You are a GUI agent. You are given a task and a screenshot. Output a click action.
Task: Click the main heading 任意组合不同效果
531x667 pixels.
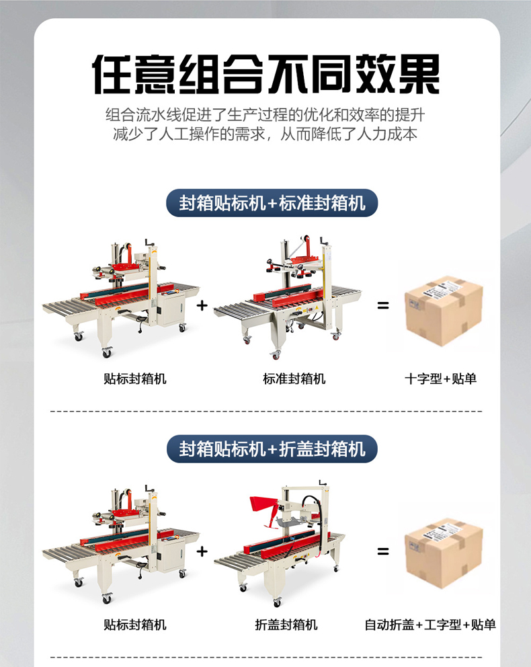pyautogui.click(x=265, y=74)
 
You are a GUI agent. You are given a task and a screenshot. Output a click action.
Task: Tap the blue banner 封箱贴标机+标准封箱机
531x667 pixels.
pyautogui.click(x=272, y=203)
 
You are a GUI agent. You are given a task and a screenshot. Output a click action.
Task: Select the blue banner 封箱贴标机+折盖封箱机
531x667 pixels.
pyautogui.click(x=272, y=448)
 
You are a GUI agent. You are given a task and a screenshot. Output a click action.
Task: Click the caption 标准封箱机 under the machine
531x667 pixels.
pyautogui.click(x=294, y=379)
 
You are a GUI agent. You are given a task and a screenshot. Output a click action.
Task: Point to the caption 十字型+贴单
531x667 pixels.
pyautogui.click(x=440, y=379)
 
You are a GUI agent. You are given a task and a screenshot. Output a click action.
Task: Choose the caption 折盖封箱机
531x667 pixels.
pyautogui.click(x=286, y=625)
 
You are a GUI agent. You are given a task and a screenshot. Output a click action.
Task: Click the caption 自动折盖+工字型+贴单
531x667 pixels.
pyautogui.click(x=430, y=625)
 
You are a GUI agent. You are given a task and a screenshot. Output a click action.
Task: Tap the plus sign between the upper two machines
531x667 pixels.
pyautogui.click(x=202, y=305)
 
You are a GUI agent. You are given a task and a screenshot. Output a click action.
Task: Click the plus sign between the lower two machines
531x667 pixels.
pyautogui.click(x=202, y=551)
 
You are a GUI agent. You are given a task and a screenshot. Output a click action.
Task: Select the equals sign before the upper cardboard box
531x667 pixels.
pyautogui.click(x=383, y=305)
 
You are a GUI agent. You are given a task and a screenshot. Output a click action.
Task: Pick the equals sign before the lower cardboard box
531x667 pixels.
pyautogui.click(x=383, y=551)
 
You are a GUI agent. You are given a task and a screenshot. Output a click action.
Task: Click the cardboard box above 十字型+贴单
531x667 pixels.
pyautogui.click(x=444, y=311)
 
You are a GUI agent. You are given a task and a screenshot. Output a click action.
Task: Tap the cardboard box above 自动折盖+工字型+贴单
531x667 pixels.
pyautogui.click(x=444, y=553)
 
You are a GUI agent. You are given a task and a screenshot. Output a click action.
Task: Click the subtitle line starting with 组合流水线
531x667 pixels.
pyautogui.click(x=265, y=115)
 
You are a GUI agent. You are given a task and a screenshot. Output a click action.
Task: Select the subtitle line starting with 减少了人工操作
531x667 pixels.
pyautogui.click(x=265, y=134)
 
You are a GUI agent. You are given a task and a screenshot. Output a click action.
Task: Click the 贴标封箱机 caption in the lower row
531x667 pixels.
pyautogui.click(x=135, y=625)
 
